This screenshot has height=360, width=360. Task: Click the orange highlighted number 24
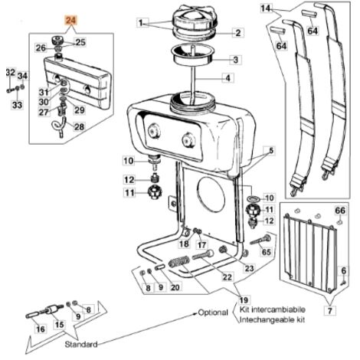[x=70, y=21]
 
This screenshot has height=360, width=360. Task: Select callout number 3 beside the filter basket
[x=236, y=60]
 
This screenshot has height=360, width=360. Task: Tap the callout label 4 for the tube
[x=227, y=78]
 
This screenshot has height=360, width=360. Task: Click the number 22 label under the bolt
[x=227, y=277]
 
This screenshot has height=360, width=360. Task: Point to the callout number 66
[x=340, y=211]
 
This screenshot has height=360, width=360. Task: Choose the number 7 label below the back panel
[x=330, y=311]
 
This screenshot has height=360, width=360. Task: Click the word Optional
[x=213, y=313]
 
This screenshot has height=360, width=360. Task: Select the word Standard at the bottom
[x=81, y=344]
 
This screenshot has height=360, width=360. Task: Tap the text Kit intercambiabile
[x=272, y=309]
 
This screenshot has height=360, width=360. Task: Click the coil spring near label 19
[x=179, y=261]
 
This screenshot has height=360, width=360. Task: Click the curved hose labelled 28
[x=60, y=126]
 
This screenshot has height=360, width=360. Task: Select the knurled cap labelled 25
[x=57, y=41]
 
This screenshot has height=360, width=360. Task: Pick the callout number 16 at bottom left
[x=41, y=329]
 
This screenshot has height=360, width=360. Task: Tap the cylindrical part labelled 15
[x=54, y=309]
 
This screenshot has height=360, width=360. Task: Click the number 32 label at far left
[x=11, y=73]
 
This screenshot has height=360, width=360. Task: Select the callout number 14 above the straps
[x=265, y=8]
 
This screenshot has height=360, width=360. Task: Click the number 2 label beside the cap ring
[x=238, y=33]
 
